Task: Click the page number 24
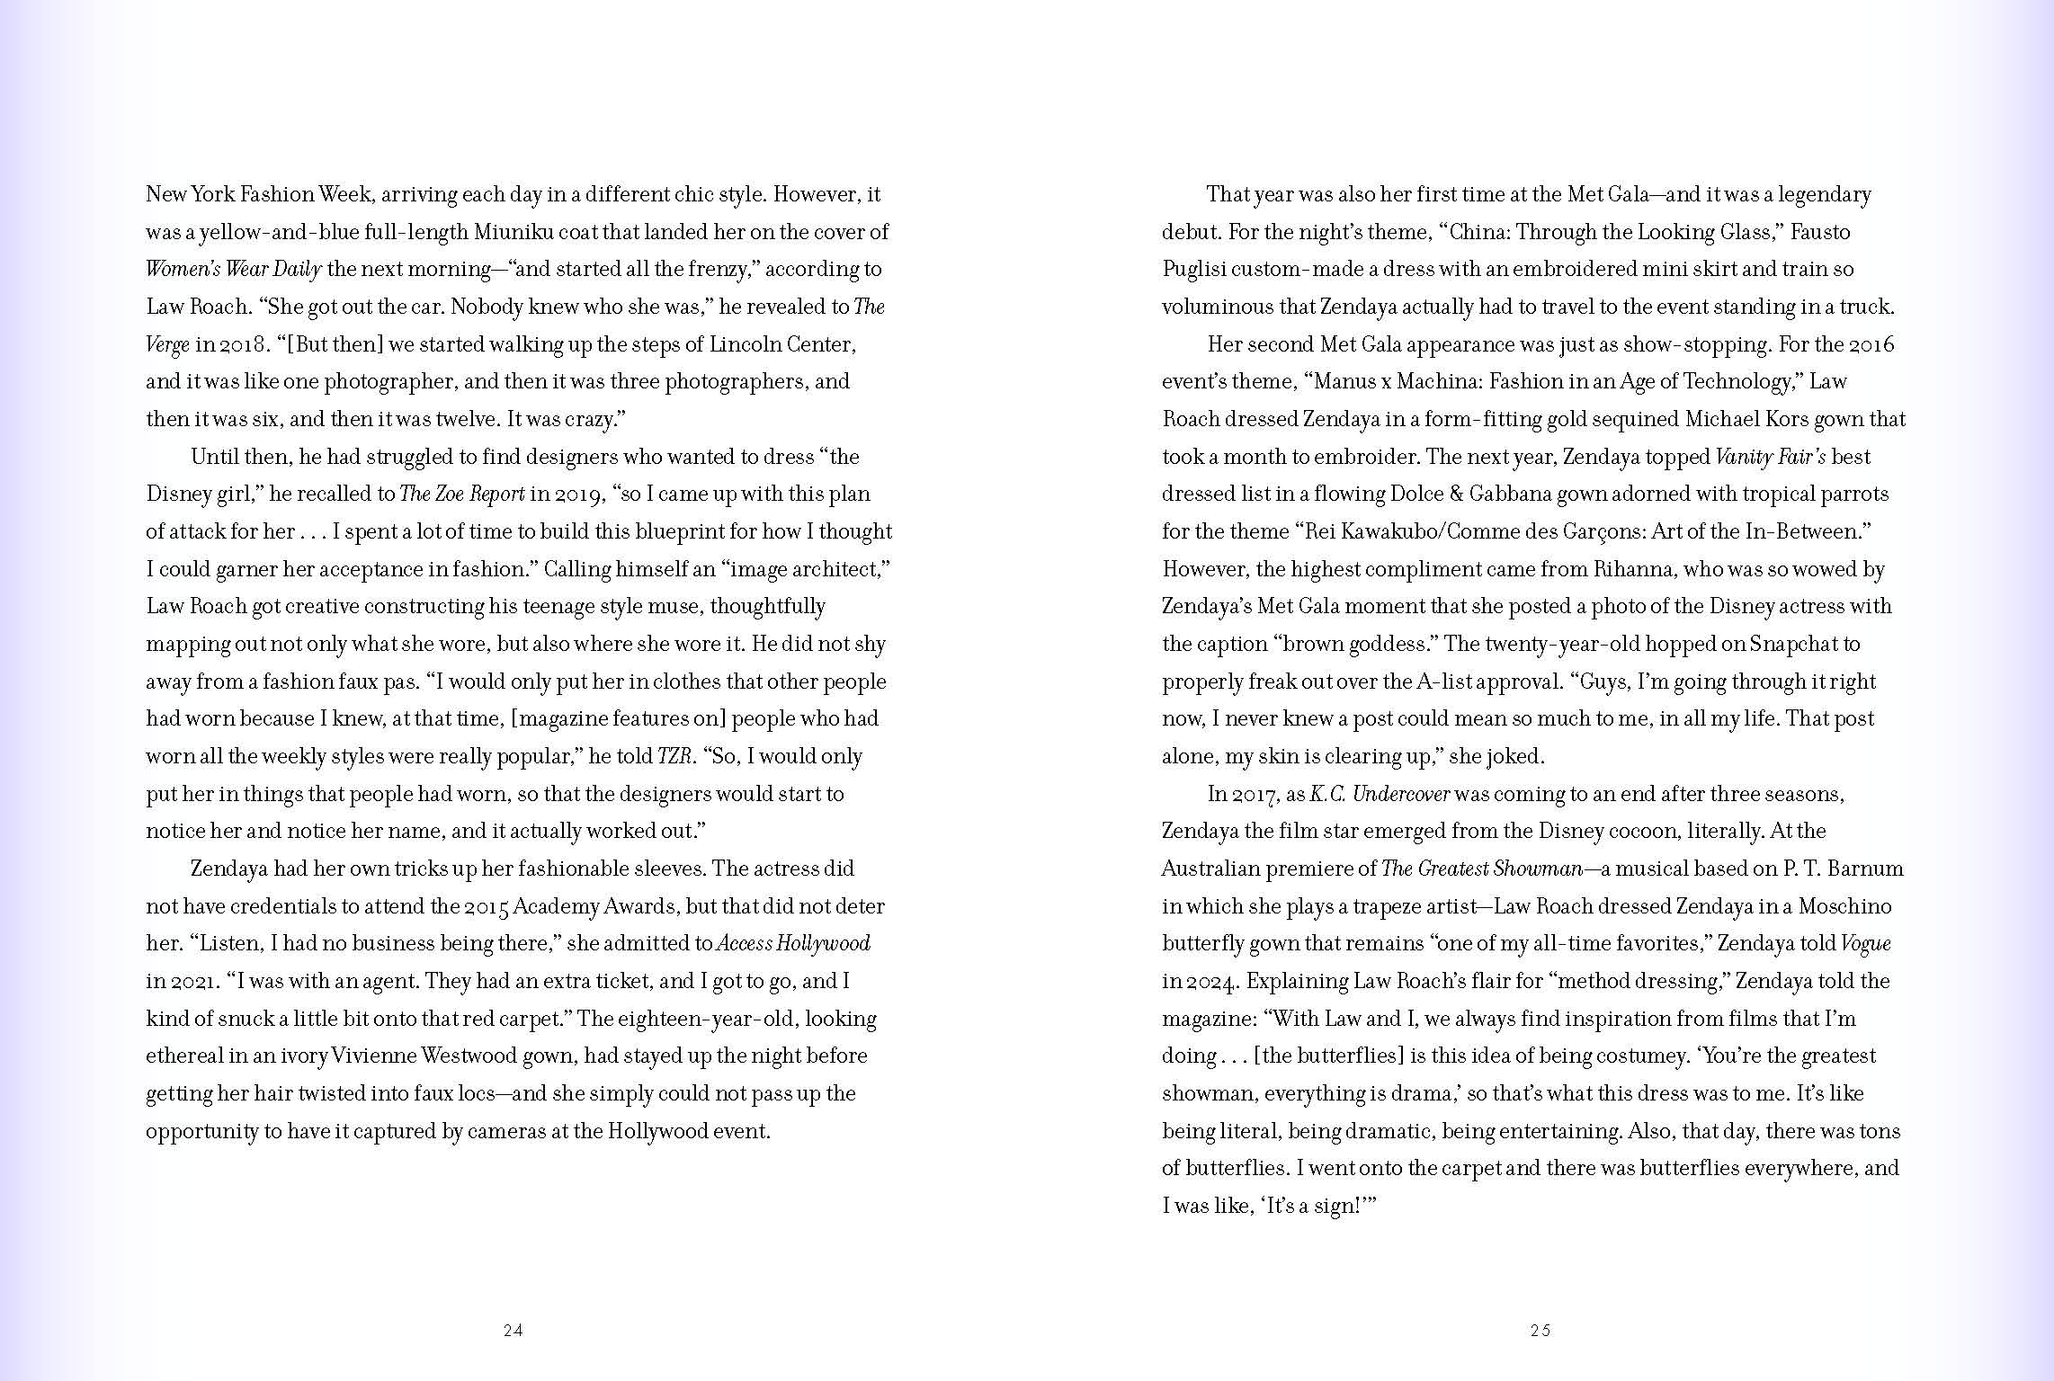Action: tap(513, 1331)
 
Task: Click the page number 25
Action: tap(1540, 1331)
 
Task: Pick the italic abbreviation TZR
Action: tap(674, 756)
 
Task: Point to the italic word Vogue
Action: tap(1865, 943)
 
